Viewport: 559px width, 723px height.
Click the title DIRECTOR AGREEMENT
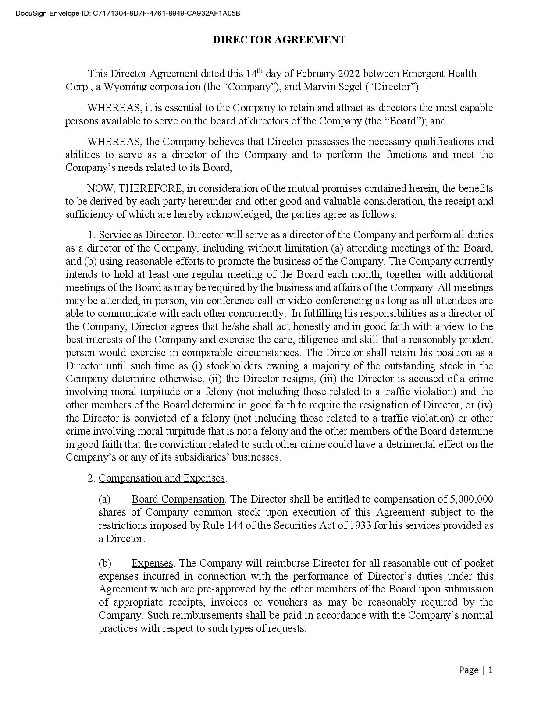coord(279,40)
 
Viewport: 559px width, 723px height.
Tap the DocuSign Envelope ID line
coord(128,13)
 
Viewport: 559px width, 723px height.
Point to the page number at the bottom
coord(476,670)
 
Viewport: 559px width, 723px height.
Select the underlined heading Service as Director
coord(140,235)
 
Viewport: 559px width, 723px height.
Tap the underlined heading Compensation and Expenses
coord(161,478)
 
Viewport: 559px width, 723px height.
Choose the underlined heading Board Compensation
coord(178,499)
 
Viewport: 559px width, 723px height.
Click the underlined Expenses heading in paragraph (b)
coord(152,563)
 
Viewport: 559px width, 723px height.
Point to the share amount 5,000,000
coord(471,499)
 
